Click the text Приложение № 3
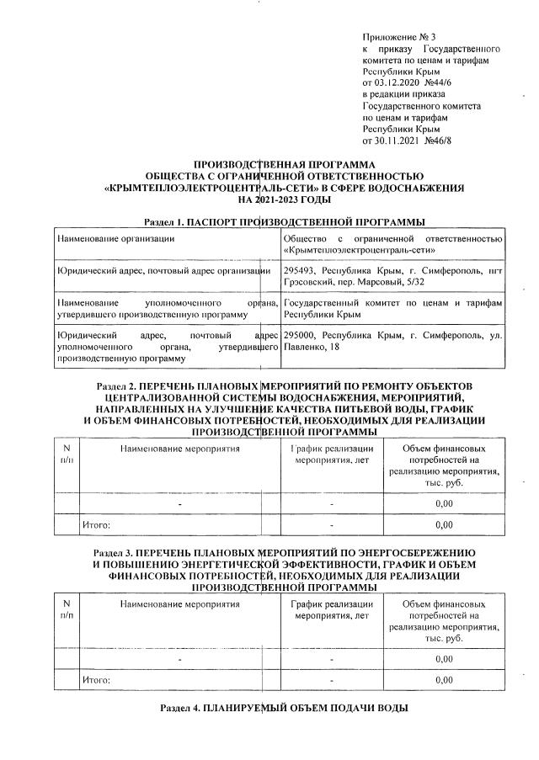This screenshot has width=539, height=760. click(x=398, y=37)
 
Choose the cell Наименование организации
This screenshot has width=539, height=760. click(x=115, y=238)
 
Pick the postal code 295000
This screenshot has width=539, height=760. click(x=301, y=334)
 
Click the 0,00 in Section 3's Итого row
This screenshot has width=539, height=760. click(x=444, y=679)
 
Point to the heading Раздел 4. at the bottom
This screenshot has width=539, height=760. click(x=180, y=709)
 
